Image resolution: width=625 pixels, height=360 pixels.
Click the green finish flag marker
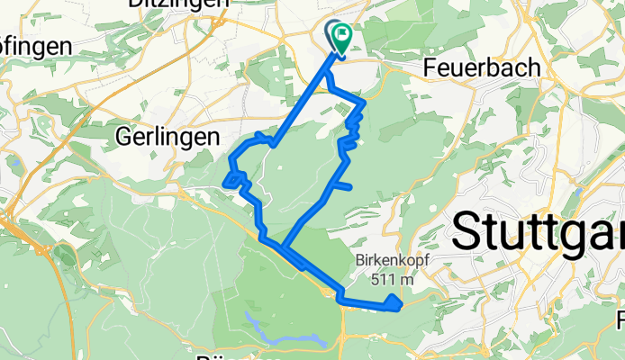343,38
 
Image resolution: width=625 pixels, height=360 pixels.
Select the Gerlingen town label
168,137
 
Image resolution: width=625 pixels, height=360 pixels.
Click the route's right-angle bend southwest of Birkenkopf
340,293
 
